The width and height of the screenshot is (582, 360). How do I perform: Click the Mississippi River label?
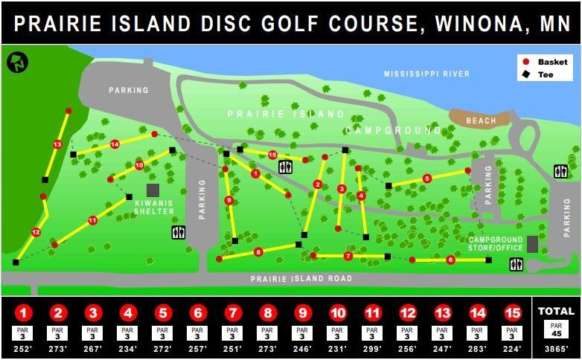(x=426, y=74)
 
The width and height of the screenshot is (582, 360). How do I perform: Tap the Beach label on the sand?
(x=480, y=120)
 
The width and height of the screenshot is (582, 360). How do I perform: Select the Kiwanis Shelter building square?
(x=153, y=190)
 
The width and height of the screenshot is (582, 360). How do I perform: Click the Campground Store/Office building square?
(x=532, y=244)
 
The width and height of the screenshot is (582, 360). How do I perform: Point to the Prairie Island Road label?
(x=301, y=279)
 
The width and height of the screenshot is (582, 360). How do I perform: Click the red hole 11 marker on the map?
(x=92, y=220)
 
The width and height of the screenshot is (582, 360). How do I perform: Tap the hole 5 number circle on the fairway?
(x=426, y=179)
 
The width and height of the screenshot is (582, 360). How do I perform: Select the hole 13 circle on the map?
(x=57, y=144)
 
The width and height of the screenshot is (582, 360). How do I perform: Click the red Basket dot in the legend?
(x=526, y=62)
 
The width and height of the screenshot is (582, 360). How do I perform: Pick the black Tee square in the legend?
(x=526, y=74)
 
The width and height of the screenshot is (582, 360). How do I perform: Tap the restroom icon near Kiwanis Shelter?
(x=178, y=232)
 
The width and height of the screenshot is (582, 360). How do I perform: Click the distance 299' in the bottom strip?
(x=372, y=348)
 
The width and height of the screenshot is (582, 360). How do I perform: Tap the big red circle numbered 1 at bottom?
(x=24, y=313)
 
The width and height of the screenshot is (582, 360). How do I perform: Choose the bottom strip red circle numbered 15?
(x=511, y=313)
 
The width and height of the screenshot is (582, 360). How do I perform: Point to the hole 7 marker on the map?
(x=348, y=256)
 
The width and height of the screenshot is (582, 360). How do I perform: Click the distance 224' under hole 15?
(x=511, y=348)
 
